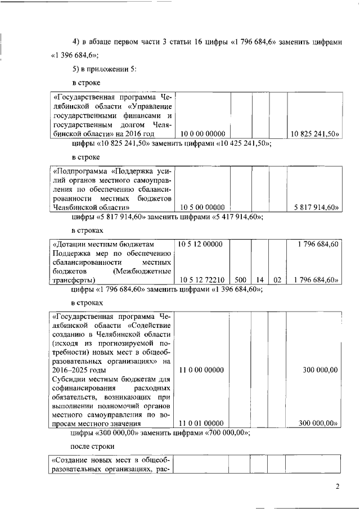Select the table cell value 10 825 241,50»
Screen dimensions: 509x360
click(313, 134)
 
